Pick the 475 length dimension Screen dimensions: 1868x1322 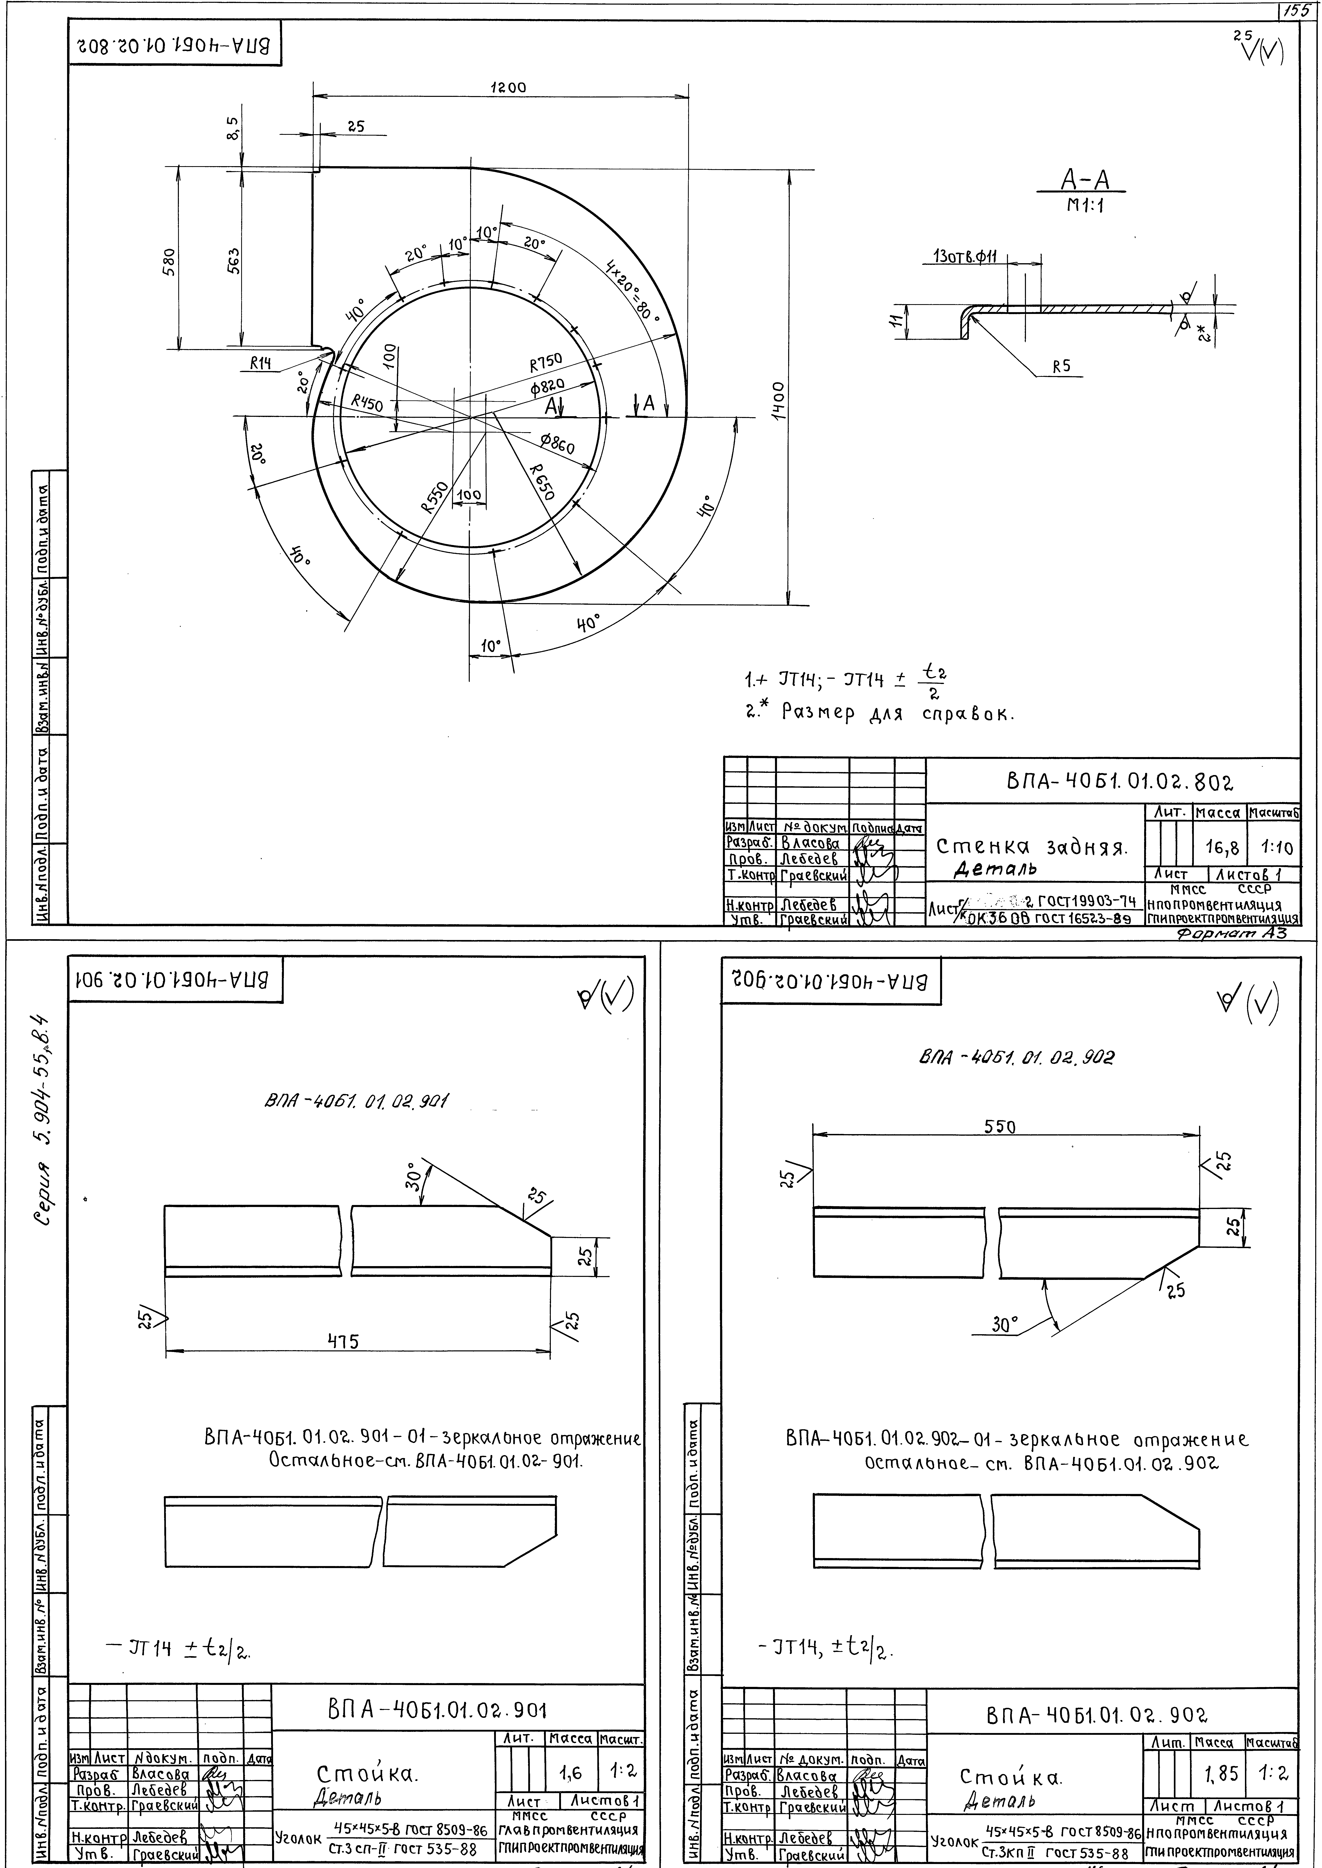pos(343,1340)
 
